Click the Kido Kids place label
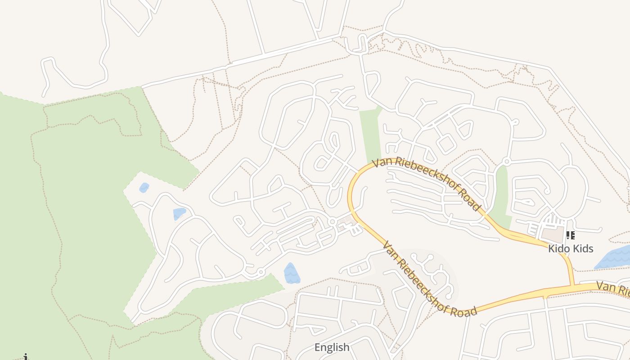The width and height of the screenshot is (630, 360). [x=571, y=248]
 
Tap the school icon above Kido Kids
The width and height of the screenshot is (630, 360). [x=570, y=235]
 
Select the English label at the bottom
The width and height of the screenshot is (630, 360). [x=332, y=347]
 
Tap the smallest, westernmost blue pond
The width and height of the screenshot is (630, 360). [x=144, y=188]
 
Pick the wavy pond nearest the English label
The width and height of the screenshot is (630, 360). [x=292, y=274]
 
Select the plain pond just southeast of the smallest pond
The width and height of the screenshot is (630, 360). [x=179, y=214]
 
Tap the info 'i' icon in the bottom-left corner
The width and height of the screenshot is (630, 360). [x=26, y=357]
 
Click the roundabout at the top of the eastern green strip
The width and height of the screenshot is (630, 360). [x=506, y=162]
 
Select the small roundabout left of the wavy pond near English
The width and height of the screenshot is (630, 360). [x=260, y=272]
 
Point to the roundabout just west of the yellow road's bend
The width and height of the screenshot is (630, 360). [x=332, y=221]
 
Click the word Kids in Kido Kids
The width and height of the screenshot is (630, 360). [x=583, y=248]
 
